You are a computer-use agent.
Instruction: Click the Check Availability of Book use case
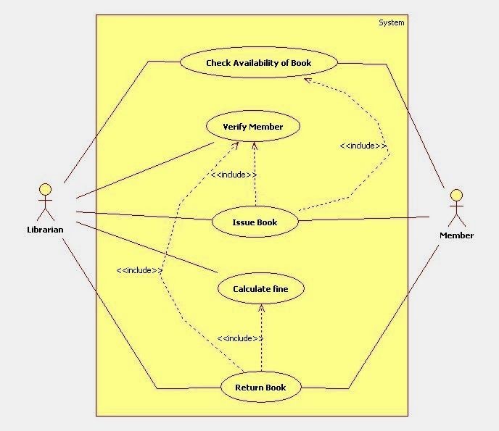[x=258, y=63]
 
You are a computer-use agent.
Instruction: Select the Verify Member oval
[x=252, y=127]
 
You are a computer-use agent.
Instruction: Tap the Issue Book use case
[x=255, y=222]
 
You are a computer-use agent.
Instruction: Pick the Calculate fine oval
[x=260, y=289]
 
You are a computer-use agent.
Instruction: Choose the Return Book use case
[x=260, y=388]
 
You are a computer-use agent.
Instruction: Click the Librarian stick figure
[x=45, y=203]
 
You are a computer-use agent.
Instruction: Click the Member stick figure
[x=455, y=208]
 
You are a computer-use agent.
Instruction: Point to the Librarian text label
[x=45, y=230]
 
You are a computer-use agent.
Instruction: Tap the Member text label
[x=457, y=235]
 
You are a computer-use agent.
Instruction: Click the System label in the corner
[x=392, y=22]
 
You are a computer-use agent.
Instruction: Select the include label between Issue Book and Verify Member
[x=234, y=175]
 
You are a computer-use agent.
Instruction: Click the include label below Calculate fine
[x=240, y=338]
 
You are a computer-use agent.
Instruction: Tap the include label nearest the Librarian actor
[x=139, y=270]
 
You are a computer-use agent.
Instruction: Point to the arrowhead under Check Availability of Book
[x=308, y=80]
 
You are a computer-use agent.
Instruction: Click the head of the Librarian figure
[x=45, y=190]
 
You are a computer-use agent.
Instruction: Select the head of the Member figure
[x=455, y=195]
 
